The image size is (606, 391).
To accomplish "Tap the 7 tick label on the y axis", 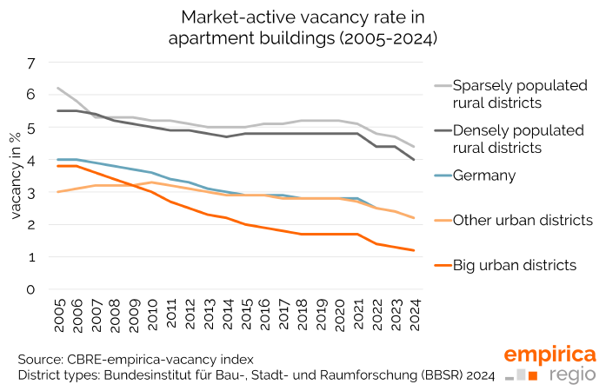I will (30, 63).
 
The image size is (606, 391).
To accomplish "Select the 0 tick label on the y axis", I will (30, 289).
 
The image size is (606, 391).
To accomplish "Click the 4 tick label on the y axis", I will (30, 160).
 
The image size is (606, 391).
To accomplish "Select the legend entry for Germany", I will (489, 176).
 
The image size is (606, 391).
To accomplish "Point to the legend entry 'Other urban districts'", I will (522, 220).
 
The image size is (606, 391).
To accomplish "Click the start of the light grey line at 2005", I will (58, 89).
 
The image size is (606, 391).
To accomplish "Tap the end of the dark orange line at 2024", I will (412, 250).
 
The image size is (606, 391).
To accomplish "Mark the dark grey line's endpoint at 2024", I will (412, 160).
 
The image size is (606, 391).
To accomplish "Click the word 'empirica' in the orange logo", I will (550, 355).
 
